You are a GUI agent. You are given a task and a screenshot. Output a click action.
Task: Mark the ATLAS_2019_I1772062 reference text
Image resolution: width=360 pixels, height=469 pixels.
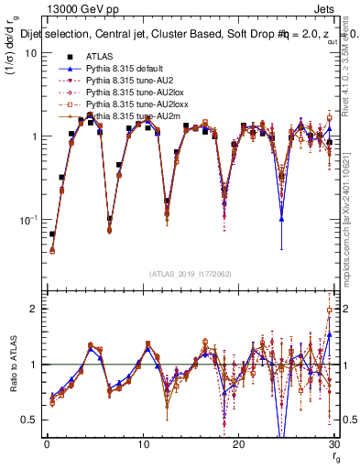(x=190, y=274)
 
